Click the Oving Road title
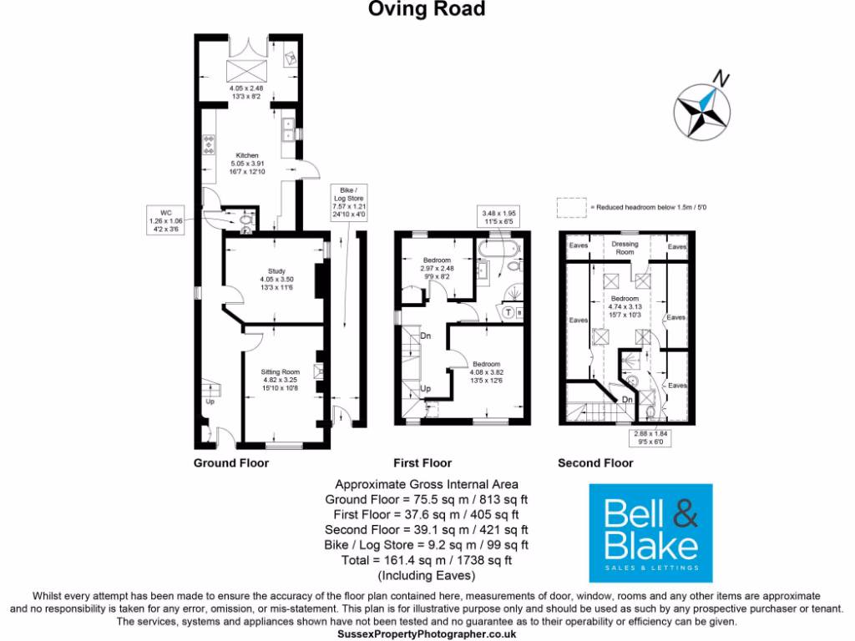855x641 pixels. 427,9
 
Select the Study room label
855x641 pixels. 276,279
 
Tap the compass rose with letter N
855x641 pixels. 703,107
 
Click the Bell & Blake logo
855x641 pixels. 651,532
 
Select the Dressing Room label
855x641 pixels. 625,248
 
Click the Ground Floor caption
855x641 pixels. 231,463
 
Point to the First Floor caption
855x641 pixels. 422,463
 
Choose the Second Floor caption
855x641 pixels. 595,463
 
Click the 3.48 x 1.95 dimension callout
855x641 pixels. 499,217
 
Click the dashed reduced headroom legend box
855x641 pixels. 571,205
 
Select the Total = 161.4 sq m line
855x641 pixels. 427,560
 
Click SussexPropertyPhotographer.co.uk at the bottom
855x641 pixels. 427,634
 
